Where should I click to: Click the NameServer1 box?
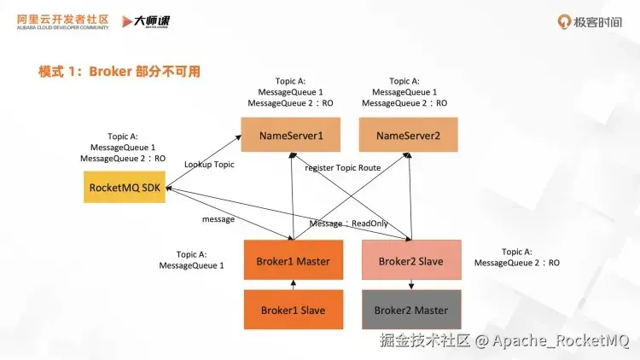(291, 135)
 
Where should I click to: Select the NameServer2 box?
(408, 135)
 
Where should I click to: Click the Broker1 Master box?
(293, 261)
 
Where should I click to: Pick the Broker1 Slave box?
(293, 311)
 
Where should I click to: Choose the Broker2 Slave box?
(410, 261)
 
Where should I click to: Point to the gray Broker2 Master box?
(410, 311)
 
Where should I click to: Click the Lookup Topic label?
(209, 164)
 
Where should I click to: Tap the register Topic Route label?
(342, 168)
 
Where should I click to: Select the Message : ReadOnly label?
(349, 224)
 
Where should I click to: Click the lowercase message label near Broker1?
(218, 219)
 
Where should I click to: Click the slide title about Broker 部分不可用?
(119, 72)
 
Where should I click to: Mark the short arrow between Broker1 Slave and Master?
(293, 285)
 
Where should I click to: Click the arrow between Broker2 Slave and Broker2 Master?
(411, 285)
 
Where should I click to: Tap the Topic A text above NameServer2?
(404, 81)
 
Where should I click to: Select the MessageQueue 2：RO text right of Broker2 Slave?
(517, 264)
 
